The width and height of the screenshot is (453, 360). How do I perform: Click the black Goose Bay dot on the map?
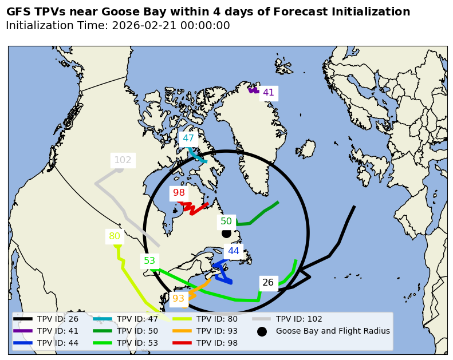pyautogui.click(x=226, y=233)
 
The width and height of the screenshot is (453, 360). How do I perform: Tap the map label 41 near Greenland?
pyautogui.click(x=269, y=93)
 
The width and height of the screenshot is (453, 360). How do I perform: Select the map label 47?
pyautogui.click(x=188, y=138)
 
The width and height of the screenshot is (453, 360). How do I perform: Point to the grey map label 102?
pyautogui.click(x=123, y=160)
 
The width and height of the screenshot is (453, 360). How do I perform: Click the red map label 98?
pyautogui.click(x=179, y=193)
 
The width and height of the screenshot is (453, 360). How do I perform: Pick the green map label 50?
pyautogui.click(x=226, y=221)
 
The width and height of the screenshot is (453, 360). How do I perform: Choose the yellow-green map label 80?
pyautogui.click(x=115, y=236)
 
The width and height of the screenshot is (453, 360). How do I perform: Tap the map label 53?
pyautogui.click(x=149, y=261)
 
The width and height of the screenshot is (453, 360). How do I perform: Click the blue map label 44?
pyautogui.click(x=234, y=251)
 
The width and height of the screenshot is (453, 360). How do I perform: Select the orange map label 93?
pyautogui.click(x=179, y=298)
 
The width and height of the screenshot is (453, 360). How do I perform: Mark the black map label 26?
pyautogui.click(x=268, y=283)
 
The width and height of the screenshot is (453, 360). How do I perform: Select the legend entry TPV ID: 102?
pyautogui.click(x=299, y=319)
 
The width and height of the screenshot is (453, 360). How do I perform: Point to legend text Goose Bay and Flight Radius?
pyautogui.click(x=333, y=331)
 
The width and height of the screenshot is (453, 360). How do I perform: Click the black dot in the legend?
pyautogui.click(x=262, y=331)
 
